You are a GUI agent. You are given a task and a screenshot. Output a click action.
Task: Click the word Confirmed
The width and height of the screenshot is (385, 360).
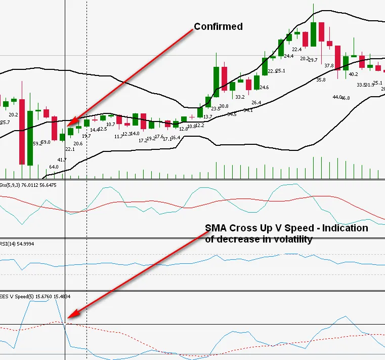219,26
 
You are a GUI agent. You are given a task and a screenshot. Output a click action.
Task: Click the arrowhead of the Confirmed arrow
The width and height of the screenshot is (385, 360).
69,124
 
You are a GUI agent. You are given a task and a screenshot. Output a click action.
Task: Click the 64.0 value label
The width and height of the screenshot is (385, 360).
54,167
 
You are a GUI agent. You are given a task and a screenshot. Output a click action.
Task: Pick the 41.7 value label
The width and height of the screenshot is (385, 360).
62,159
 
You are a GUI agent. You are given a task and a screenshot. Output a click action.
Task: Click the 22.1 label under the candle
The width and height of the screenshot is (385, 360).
70,149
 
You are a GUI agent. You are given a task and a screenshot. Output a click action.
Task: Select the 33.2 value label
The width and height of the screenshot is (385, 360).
240,97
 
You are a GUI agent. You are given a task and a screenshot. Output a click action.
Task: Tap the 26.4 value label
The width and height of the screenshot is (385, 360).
256,103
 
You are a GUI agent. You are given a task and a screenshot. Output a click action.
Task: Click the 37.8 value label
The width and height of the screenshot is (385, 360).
329,66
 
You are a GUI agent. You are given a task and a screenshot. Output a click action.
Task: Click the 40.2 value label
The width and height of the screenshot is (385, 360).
353,74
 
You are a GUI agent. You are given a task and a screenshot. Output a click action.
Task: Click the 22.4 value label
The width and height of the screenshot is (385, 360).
296,49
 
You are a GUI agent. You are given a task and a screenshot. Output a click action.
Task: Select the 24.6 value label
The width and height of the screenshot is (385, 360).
264,88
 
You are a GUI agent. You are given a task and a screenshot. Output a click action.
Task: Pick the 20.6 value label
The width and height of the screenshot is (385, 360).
78,144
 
